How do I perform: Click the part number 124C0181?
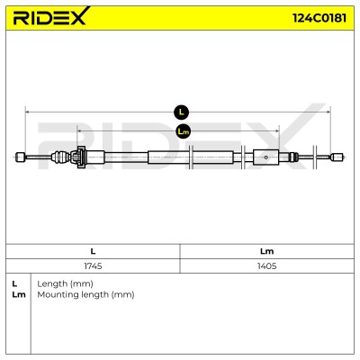click(x=319, y=18)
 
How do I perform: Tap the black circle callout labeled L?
click(x=181, y=112)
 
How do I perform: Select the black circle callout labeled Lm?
click(x=183, y=131)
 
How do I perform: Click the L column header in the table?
click(x=93, y=251)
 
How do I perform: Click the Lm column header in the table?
click(x=266, y=251)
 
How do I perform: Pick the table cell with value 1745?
click(x=93, y=265)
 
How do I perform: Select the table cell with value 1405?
click(x=266, y=265)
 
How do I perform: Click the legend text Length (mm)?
click(x=65, y=283)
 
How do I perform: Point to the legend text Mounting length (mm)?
click(x=85, y=294)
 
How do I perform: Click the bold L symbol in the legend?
click(x=14, y=283)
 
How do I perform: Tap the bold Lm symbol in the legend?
click(x=19, y=294)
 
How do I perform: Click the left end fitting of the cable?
click(x=21, y=157)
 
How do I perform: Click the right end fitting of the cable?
click(x=337, y=157)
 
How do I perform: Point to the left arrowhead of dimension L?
click(x=27, y=112)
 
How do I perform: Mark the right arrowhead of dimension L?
click(x=328, y=112)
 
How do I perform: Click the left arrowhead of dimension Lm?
click(x=79, y=130)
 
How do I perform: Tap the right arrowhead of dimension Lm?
click(x=277, y=130)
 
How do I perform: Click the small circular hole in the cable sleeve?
click(x=266, y=157)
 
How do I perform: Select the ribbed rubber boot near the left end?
click(x=61, y=157)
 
